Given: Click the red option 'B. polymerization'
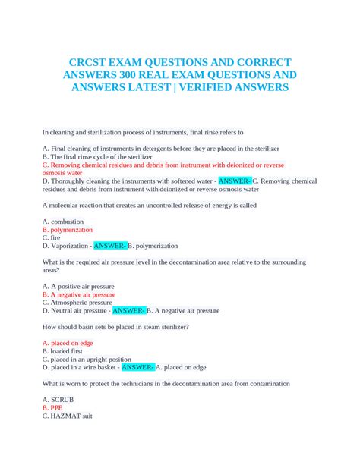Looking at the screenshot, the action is point(68,229).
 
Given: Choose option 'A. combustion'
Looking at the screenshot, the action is point(63,221).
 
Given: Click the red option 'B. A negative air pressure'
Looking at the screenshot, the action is point(79,294).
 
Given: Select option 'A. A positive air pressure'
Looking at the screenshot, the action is point(79,286).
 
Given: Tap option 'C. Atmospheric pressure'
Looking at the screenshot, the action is point(77,302).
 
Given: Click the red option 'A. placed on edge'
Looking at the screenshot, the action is point(68,343).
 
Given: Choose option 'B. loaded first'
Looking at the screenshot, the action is point(65,351).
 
